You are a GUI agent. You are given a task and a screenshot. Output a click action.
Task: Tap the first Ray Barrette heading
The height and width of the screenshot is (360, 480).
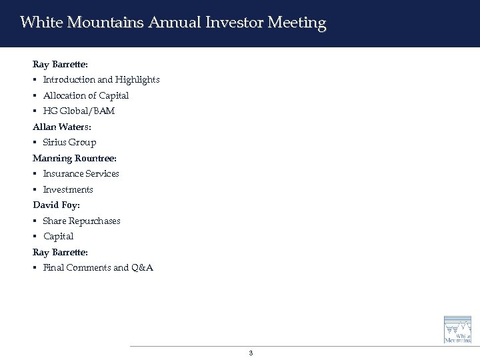(60, 64)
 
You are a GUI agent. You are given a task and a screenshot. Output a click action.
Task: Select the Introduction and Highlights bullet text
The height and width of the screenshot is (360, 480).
(101, 80)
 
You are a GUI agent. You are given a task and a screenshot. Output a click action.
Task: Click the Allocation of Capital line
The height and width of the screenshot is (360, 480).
(86, 95)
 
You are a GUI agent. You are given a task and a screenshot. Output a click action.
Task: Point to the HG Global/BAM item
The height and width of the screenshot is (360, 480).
(79, 111)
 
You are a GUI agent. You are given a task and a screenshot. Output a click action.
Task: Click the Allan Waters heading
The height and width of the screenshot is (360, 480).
(60, 127)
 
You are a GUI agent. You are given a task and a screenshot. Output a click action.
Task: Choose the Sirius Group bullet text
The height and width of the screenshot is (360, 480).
(69, 143)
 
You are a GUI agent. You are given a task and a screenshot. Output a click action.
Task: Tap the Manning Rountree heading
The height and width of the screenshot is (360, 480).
(75, 158)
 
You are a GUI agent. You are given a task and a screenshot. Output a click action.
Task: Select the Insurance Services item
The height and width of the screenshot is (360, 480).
(81, 174)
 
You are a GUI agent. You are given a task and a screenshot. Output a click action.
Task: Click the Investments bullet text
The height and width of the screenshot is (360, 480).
(68, 190)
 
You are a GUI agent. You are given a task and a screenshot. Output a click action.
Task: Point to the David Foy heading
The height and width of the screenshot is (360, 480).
(56, 205)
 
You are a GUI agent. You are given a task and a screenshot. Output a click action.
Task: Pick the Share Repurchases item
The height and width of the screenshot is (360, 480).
(82, 221)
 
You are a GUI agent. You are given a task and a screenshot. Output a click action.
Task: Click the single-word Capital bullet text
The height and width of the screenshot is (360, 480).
(59, 237)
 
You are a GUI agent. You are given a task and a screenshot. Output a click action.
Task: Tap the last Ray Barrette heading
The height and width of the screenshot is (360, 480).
(60, 252)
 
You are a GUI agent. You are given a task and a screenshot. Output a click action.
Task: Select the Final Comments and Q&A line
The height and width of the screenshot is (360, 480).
(98, 268)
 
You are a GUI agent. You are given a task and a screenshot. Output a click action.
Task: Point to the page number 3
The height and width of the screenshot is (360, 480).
(251, 353)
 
